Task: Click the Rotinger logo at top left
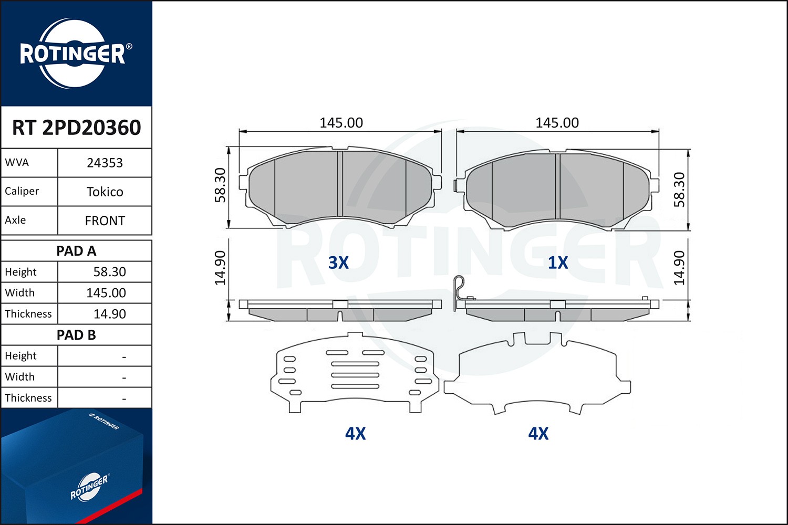tap(73, 54)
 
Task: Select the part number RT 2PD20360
tap(76, 128)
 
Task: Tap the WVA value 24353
tap(105, 163)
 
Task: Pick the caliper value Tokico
tap(105, 192)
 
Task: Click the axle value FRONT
tap(105, 220)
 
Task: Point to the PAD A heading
tap(76, 251)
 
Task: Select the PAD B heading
tap(76, 335)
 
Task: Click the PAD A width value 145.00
tap(106, 293)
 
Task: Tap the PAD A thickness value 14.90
tap(109, 314)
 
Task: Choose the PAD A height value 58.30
tap(109, 272)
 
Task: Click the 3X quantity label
tap(338, 262)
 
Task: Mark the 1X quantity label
tap(558, 262)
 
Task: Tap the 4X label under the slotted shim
tap(355, 434)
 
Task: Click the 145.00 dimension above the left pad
tap(341, 123)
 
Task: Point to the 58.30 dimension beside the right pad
tap(679, 190)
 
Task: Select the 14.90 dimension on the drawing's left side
tap(220, 268)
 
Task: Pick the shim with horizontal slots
tap(355, 373)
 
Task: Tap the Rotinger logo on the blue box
tap(89, 487)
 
